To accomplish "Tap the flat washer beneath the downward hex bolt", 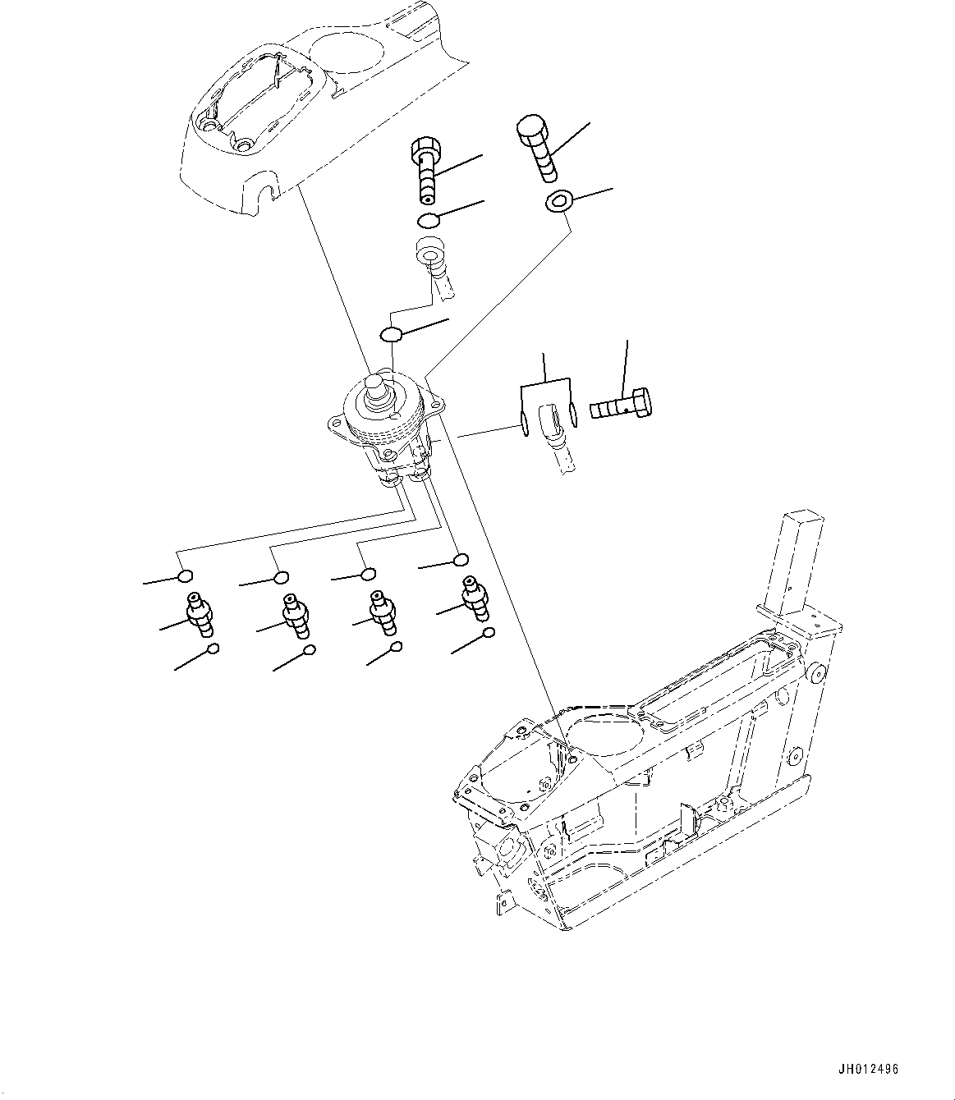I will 558,202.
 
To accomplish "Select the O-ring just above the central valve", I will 391,334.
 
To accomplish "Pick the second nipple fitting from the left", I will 294,615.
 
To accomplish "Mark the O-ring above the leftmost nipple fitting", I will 186,576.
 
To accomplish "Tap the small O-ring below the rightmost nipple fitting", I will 489,633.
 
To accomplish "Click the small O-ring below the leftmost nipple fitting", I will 213,649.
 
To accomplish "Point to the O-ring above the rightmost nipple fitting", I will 461,560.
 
